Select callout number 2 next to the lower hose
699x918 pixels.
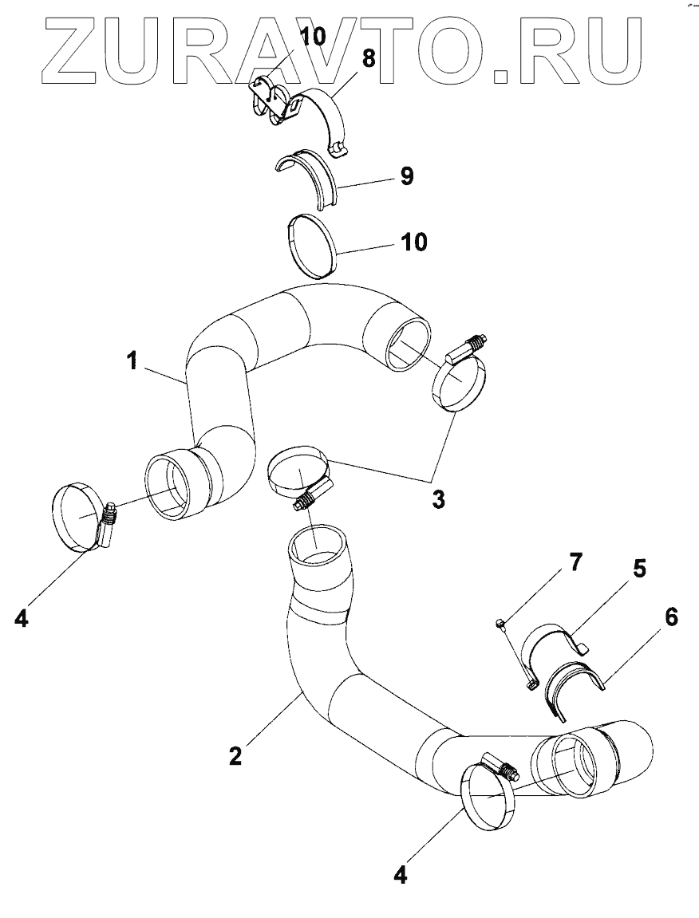coord(235,754)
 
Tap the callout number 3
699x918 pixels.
coord(438,500)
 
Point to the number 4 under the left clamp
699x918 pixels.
coord(21,617)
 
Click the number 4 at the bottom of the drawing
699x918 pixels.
coord(401,875)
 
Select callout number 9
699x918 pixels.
coord(406,176)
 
